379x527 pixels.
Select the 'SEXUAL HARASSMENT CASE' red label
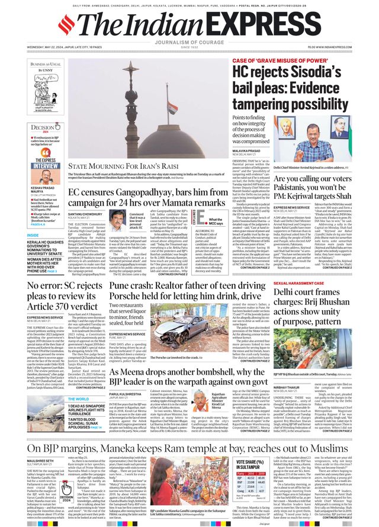[x=299, y=284]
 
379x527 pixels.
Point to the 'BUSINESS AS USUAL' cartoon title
[x=46, y=63]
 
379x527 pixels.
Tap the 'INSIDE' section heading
[x=33, y=235]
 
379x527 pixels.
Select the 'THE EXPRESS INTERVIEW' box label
[x=45, y=163]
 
